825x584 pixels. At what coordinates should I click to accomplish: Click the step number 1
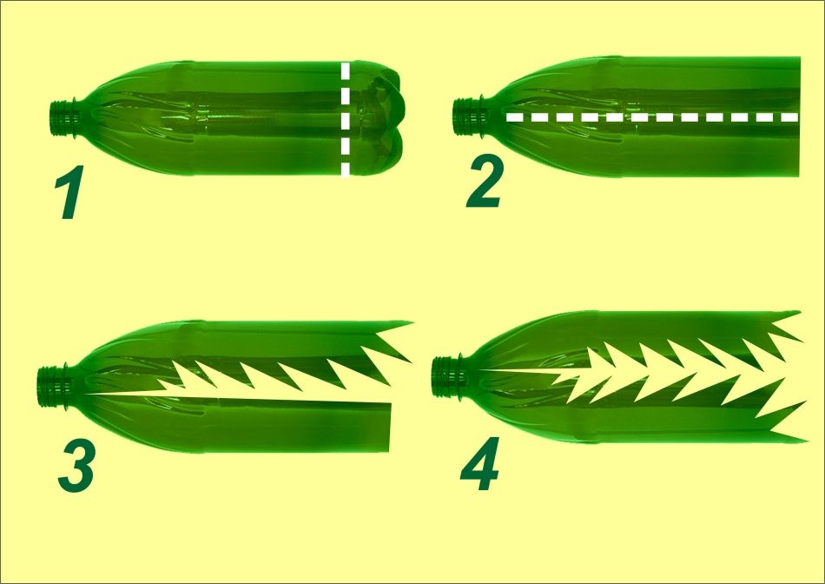coord(70,192)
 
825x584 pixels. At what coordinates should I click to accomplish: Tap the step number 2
coord(485,181)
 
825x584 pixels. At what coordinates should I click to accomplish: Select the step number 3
coord(76,466)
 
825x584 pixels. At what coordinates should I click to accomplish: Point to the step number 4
coord(479,464)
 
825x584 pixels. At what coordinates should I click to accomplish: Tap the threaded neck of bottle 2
coord(468,117)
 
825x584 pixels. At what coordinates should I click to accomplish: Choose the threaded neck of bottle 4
coord(446,376)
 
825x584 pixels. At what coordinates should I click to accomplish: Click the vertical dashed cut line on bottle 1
coord(345,119)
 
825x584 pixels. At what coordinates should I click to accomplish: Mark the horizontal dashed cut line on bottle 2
coord(652,117)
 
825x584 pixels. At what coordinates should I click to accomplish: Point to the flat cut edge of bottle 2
coord(798,117)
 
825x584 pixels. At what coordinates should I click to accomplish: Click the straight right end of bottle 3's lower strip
coord(390,427)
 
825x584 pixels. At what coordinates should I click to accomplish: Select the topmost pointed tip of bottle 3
coord(412,322)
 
